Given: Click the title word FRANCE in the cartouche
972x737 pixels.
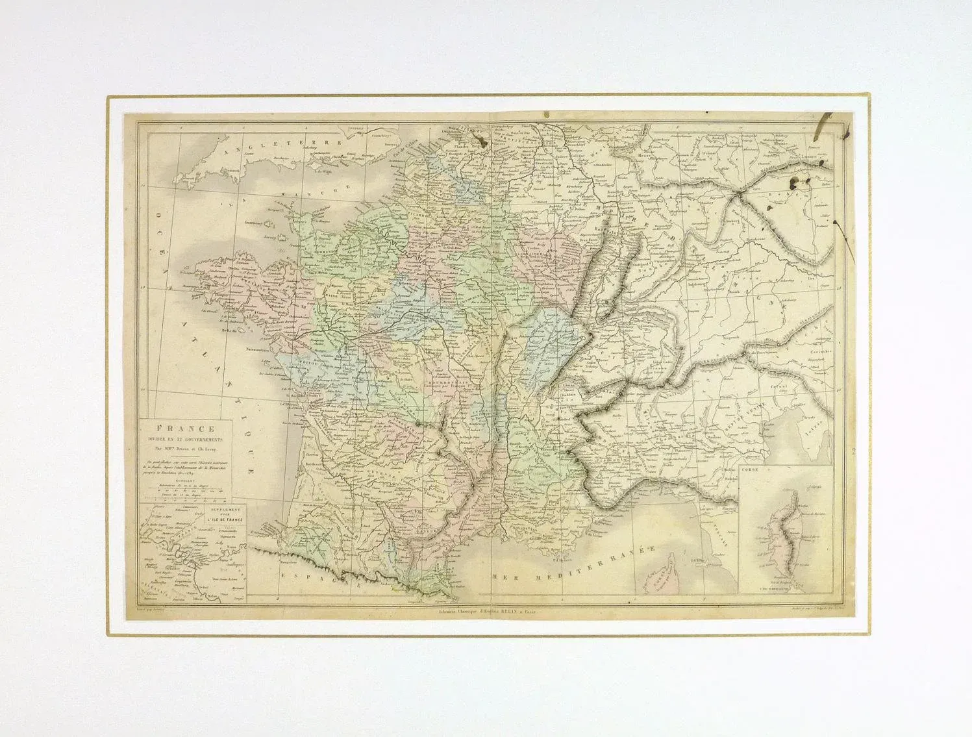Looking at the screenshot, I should (184, 429).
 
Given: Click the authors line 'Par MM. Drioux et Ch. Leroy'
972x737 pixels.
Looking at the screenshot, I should (184, 447).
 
